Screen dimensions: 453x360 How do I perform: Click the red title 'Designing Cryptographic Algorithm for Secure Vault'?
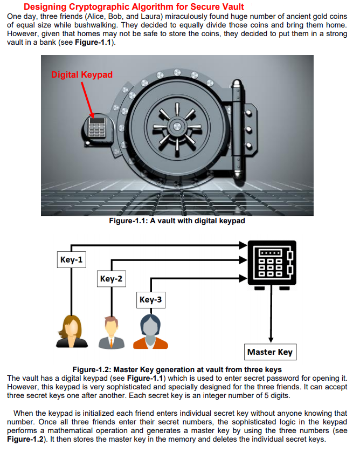click(134, 6)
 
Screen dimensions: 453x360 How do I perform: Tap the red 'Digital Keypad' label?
click(82, 74)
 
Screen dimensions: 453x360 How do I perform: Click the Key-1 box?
click(71, 260)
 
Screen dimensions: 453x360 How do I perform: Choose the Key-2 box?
click(111, 279)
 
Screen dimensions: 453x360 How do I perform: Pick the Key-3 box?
click(150, 299)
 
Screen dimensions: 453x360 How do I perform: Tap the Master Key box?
click(269, 352)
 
